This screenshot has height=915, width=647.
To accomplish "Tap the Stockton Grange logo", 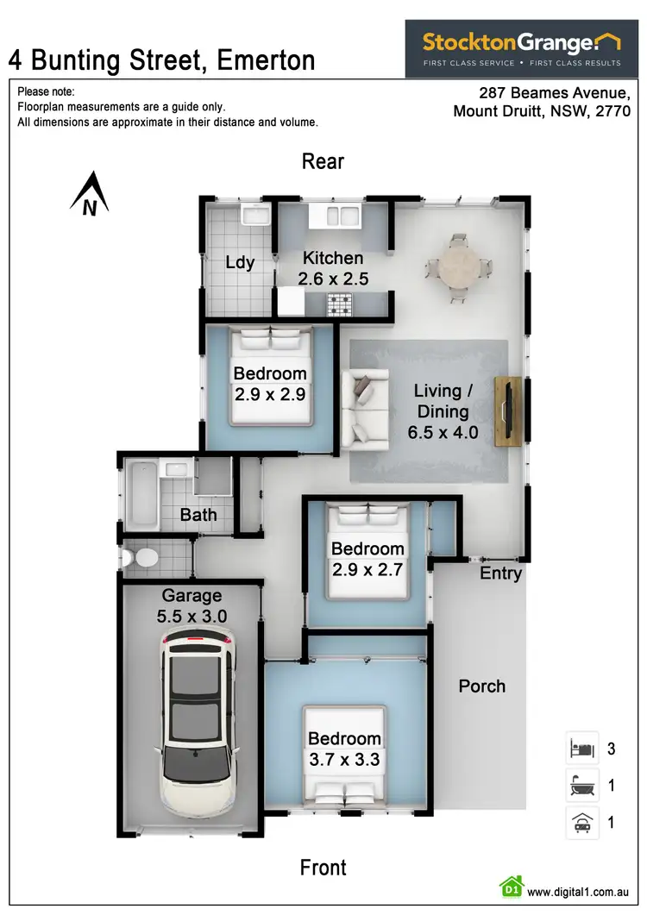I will [x=521, y=48].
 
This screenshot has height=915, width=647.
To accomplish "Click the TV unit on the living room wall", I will [x=506, y=410].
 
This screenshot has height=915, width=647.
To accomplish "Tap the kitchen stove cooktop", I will [x=339, y=303].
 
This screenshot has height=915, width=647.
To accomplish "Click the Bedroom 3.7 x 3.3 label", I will [x=344, y=749].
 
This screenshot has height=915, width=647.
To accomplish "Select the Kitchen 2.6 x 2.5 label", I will [x=333, y=268].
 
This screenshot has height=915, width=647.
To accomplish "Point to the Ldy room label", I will [x=239, y=262].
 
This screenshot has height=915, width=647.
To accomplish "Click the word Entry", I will [x=500, y=573].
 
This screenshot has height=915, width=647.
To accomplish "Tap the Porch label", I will [x=481, y=686].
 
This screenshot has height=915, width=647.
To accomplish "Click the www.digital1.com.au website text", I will [x=577, y=892].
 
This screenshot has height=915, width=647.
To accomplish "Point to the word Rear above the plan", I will [x=323, y=161].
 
